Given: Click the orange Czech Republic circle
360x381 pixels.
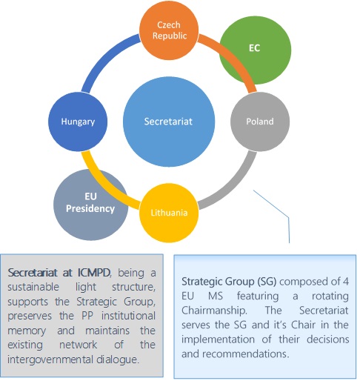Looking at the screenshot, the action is pyautogui.click(x=169, y=30).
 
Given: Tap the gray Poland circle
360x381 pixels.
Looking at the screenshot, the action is pyautogui.click(x=260, y=122).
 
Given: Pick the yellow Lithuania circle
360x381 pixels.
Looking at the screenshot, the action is pyautogui.click(x=169, y=213).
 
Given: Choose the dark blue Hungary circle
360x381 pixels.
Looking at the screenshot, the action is pyautogui.click(x=78, y=122).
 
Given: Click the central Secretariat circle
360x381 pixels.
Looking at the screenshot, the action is pyautogui.click(x=169, y=122).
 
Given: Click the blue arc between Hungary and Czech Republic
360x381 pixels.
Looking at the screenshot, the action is pyautogui.click(x=105, y=57).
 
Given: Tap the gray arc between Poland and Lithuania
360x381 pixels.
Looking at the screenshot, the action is pyautogui.click(x=233, y=186).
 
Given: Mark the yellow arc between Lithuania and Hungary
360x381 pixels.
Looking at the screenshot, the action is pyautogui.click(x=104, y=185).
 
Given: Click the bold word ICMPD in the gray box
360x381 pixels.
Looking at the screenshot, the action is pyautogui.click(x=94, y=273).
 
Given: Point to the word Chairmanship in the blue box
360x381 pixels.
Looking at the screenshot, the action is pyautogui.click(x=214, y=311).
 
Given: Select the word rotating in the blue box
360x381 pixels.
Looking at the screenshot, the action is pyautogui.click(x=330, y=296).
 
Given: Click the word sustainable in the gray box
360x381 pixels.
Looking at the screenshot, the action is pyautogui.click(x=33, y=287).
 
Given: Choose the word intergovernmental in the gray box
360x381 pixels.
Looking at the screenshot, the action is pyautogui.click(x=50, y=360).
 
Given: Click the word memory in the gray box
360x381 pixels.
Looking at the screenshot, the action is pyautogui.click(x=27, y=331).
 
